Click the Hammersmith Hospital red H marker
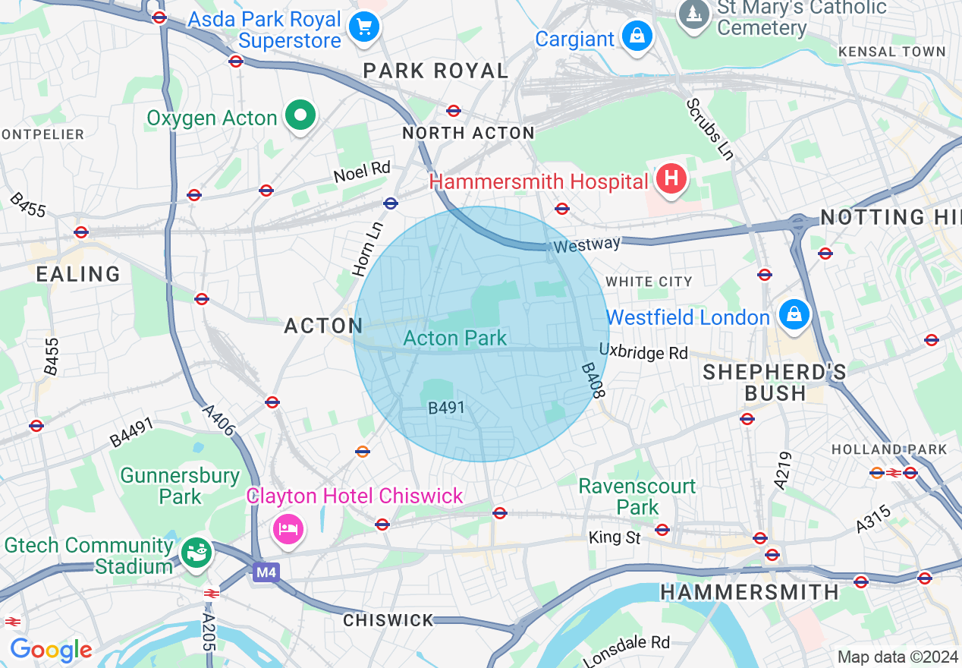[x=671, y=180]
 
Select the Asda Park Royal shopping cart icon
[x=363, y=28]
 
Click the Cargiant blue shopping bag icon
[x=638, y=36]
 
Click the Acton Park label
[x=454, y=339]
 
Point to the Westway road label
[x=586, y=245]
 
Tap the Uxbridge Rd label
[x=643, y=353]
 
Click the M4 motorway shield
[x=266, y=572]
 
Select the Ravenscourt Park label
[x=637, y=496]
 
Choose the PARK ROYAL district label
[x=435, y=71]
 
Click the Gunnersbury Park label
[x=180, y=486]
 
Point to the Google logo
[x=51, y=650]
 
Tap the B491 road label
[x=446, y=408]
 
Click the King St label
[x=615, y=537]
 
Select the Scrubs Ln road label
[x=710, y=129]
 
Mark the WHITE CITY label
[x=649, y=282]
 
